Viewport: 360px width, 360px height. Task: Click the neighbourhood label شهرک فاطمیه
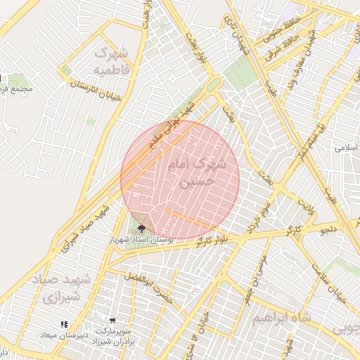point(112,61)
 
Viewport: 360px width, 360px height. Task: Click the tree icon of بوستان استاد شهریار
point(142,229)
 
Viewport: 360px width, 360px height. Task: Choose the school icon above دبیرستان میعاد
point(64,324)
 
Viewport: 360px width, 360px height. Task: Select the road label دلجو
point(330,229)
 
